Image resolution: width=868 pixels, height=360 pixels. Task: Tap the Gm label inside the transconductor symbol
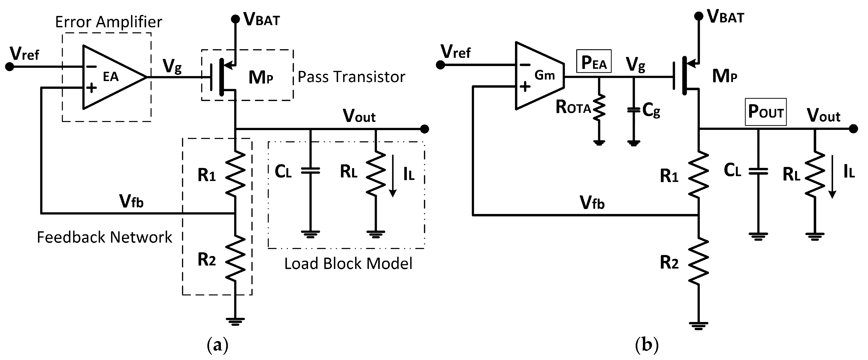click(545, 75)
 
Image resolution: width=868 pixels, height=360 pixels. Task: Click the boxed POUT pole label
click(765, 112)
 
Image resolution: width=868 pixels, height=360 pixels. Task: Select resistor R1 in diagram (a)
click(235, 174)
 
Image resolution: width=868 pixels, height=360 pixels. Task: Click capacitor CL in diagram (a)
click(310, 171)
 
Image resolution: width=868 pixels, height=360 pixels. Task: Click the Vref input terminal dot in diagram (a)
click(10, 66)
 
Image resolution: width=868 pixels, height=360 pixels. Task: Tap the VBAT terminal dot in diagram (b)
click(699, 16)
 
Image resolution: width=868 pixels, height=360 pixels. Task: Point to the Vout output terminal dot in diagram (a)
click(425, 129)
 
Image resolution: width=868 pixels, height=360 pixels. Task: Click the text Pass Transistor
click(351, 77)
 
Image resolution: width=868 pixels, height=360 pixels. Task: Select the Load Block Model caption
click(348, 263)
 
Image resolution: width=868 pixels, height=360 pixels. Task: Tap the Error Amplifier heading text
click(109, 22)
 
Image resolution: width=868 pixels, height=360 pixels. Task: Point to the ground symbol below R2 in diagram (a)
click(235, 321)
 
